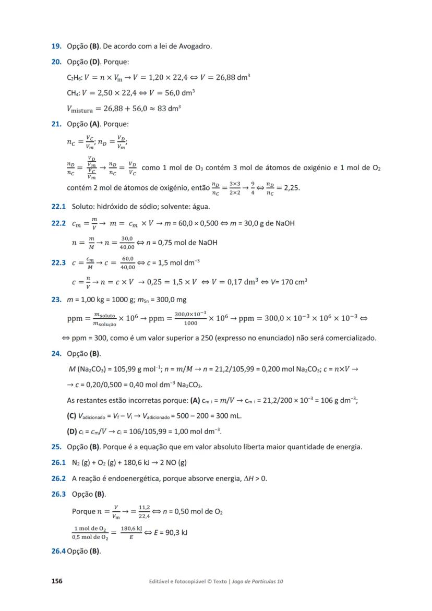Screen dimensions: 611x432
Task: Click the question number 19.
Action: tap(56, 46)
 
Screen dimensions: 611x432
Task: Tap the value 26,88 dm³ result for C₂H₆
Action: tap(231, 77)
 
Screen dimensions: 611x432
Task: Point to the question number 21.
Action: tap(56, 124)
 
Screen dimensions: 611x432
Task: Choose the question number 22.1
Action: tap(58, 207)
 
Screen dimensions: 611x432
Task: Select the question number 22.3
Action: tap(58, 262)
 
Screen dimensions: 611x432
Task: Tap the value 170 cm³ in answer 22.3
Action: tap(294, 282)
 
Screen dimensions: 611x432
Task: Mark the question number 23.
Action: tap(56, 300)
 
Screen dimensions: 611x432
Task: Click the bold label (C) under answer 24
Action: tap(72, 416)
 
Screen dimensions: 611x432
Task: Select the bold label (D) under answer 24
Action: tap(72, 432)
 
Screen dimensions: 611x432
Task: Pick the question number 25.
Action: tap(56, 447)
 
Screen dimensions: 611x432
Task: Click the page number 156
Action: tap(56, 581)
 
